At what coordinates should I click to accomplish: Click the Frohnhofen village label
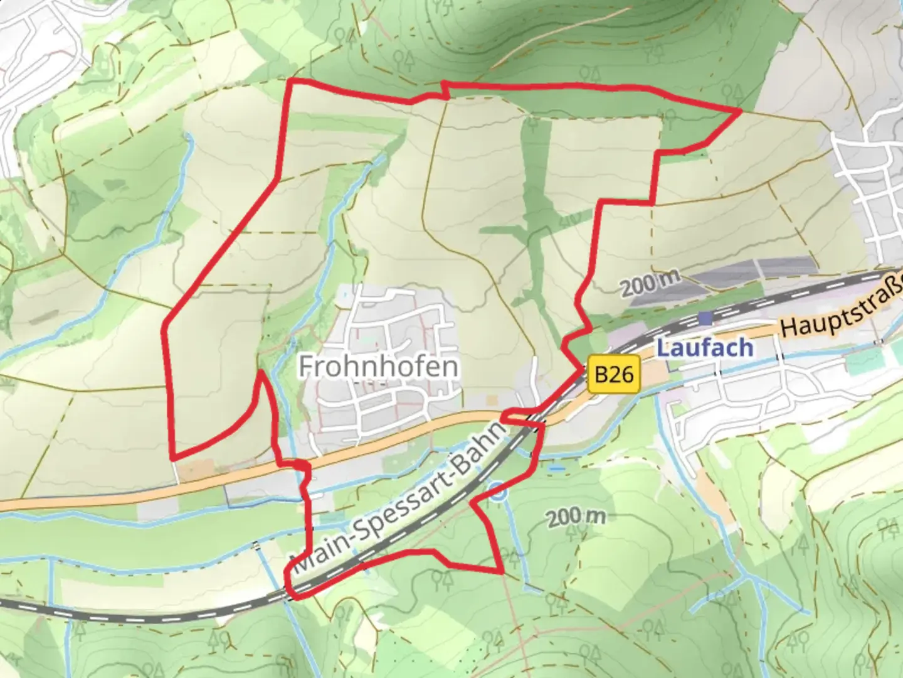(x=379, y=367)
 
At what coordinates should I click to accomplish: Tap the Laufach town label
(x=705, y=347)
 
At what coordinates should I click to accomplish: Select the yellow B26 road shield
(x=614, y=375)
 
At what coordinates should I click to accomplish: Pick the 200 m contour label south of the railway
(x=576, y=518)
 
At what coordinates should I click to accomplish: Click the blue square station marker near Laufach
(x=707, y=318)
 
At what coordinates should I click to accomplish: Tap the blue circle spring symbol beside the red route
(x=498, y=493)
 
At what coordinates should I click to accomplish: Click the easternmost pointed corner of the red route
(x=740, y=110)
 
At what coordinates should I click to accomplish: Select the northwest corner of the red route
(x=290, y=82)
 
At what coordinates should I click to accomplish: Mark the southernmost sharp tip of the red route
(x=502, y=572)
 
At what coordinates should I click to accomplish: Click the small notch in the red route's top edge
(x=444, y=90)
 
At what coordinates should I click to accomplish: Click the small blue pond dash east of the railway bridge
(x=556, y=468)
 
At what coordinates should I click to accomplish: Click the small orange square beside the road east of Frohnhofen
(x=492, y=399)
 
